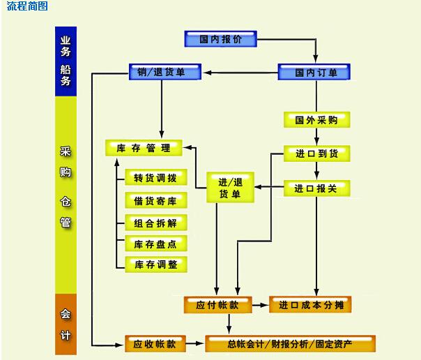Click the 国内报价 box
tap(220, 39)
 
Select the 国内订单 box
tap(314, 72)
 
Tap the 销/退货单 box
tap(165, 72)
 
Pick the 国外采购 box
tap(316, 119)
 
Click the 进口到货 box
tap(316, 153)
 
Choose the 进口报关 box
tap(316, 188)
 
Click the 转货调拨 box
tap(155, 177)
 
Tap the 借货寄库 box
tap(155, 201)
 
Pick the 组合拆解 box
tap(155, 223)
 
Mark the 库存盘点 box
tap(155, 243)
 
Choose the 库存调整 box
tap(155, 264)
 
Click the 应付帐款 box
tap(216, 305)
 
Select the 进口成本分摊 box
tap(310, 305)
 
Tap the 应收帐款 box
tap(155, 343)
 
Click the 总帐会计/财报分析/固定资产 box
tap(291, 343)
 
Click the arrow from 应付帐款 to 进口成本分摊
tap(259, 305)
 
